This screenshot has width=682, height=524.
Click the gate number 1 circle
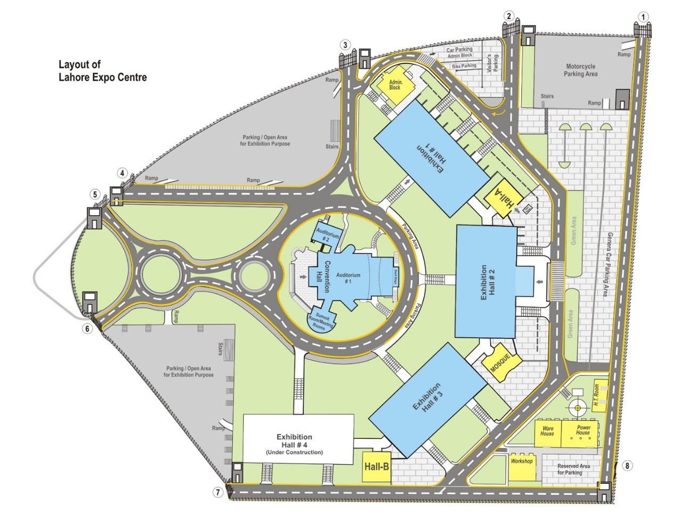(x=644, y=17)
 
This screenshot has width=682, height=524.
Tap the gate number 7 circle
(x=217, y=492)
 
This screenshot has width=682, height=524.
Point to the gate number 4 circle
(x=123, y=173)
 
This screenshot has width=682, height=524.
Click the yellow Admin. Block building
(x=395, y=84)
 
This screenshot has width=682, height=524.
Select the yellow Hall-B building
(x=376, y=467)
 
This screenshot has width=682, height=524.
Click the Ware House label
(x=547, y=431)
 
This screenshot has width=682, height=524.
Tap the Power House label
(x=583, y=430)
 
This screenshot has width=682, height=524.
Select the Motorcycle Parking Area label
(x=580, y=70)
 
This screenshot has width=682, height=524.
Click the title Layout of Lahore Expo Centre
(x=102, y=71)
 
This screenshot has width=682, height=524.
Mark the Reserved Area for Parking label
(x=573, y=469)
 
